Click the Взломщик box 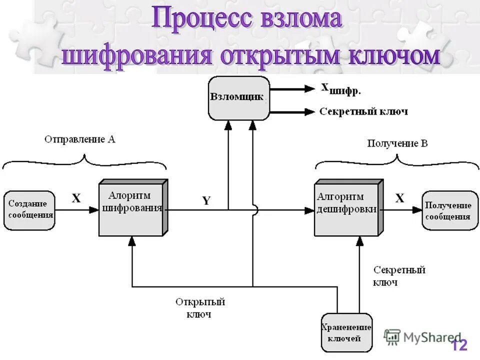238,97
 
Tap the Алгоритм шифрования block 131,207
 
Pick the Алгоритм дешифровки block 347,207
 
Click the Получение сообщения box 449,210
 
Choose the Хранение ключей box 346,333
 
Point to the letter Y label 206,200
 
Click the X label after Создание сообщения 76,198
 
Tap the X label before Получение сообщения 400,198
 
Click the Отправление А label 80,140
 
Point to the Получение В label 397,144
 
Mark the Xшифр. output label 340,89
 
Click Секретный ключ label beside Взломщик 363,111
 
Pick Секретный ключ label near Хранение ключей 398,275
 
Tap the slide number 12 459,345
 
